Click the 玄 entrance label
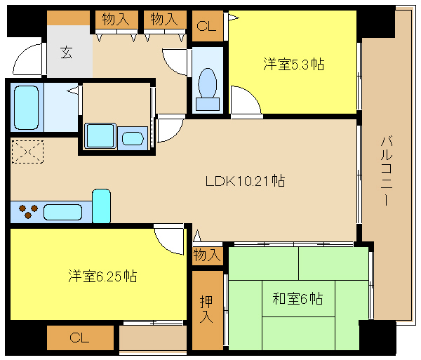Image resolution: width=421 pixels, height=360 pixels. click(66, 53)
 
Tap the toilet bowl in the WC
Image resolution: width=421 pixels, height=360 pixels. click(207, 84)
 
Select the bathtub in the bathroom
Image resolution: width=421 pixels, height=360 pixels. click(26, 107)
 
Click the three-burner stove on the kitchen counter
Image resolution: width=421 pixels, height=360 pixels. click(28, 211)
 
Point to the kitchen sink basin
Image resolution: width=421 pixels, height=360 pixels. click(63, 212)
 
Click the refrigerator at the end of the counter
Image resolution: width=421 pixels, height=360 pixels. click(101, 206)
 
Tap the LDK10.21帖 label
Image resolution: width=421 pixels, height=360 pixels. click(245, 181)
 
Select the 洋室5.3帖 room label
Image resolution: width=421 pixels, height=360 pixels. click(294, 64)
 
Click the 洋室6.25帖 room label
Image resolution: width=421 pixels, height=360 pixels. click(102, 276)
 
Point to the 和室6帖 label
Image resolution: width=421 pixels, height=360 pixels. click(298, 298)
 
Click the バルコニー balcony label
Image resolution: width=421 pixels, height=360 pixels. click(387, 171)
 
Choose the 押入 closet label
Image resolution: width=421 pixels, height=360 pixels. click(206, 309)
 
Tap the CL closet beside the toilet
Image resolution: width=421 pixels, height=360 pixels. click(208, 26)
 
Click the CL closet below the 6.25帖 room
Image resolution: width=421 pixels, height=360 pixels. click(80, 338)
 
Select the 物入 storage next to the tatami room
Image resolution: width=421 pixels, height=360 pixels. click(208, 255)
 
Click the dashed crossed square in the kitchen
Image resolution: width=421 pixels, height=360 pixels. click(27, 152)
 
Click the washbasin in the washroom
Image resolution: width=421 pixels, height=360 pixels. click(133, 138)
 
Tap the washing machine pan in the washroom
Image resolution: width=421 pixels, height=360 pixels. click(100, 135)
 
